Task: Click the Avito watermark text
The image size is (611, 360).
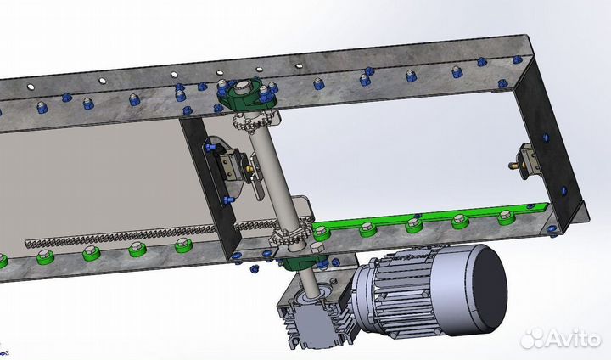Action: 573,339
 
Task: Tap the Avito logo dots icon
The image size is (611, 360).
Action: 531,338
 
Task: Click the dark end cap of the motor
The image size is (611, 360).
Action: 492,289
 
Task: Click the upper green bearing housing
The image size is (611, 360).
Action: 244,95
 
